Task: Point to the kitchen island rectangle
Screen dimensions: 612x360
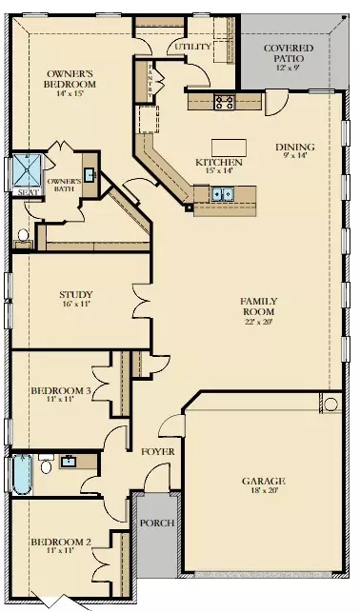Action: pos(234,147)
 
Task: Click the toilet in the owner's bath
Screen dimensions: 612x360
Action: pos(23,234)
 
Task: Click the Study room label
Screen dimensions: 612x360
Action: pos(69,294)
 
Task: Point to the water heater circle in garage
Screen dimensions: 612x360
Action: pos(330,405)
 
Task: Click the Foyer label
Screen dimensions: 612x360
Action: pos(155,450)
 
